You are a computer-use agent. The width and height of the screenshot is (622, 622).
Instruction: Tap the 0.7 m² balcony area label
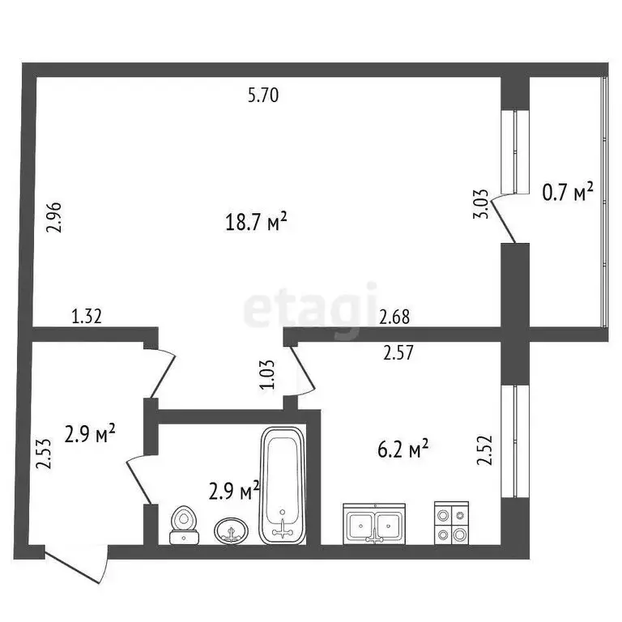567,193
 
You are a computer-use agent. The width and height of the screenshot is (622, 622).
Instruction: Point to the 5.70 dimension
262,96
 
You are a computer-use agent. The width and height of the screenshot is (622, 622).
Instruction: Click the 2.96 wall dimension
53,216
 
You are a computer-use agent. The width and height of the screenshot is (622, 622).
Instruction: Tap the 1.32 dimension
88,317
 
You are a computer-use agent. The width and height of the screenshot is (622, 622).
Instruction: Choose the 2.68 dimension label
394,317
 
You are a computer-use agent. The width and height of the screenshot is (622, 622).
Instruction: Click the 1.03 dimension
266,376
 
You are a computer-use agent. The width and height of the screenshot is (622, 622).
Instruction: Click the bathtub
282,486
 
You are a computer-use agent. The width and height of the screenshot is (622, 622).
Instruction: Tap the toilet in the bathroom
185,525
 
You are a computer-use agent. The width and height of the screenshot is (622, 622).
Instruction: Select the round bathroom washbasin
231,530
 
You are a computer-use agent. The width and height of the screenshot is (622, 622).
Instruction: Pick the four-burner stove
450,523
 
